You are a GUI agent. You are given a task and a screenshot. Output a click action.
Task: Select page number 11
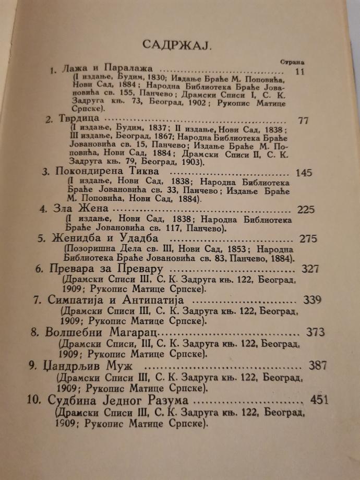point(298,71)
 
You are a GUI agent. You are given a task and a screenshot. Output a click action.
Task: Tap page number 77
point(303,120)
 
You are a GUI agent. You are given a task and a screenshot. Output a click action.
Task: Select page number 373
point(316,331)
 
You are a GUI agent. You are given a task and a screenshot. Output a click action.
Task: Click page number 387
point(318,365)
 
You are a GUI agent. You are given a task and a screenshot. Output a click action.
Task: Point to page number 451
point(321,400)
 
